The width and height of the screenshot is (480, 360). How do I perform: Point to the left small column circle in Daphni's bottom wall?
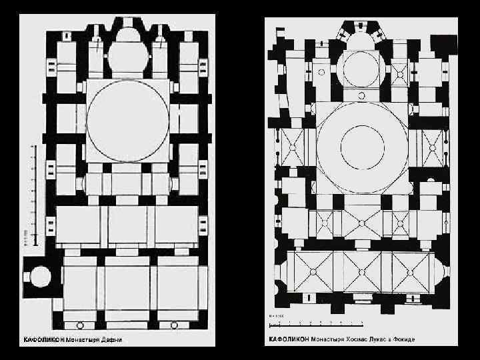81,325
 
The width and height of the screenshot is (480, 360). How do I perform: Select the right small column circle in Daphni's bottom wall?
174,325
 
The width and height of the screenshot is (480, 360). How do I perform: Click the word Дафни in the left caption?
113,339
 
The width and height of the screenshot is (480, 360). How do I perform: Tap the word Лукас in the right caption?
377,339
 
